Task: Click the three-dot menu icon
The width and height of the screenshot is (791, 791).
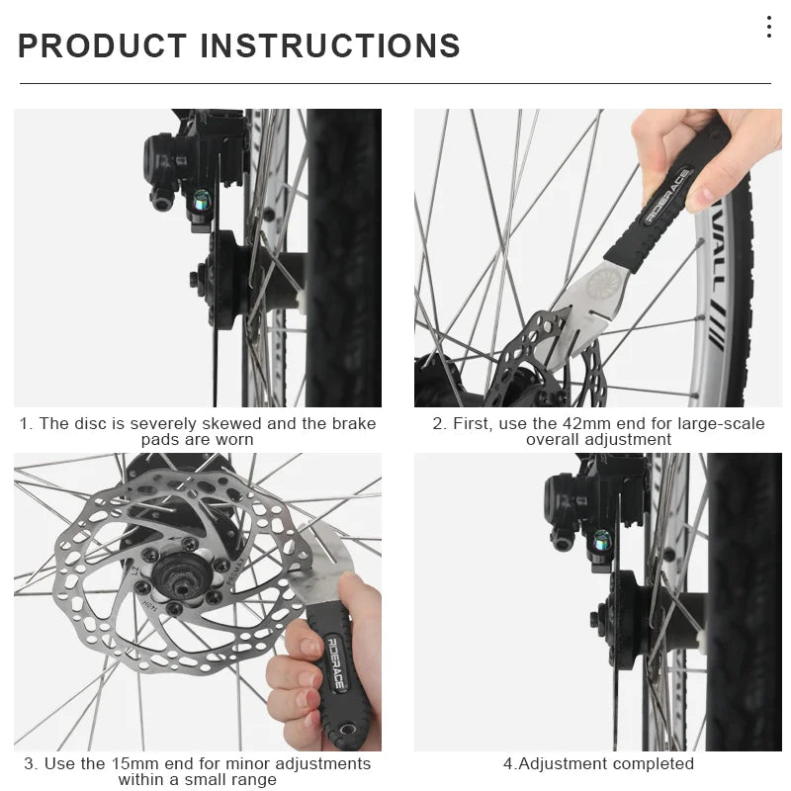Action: pyautogui.click(x=768, y=28)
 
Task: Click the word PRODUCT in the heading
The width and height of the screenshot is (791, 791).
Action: pyautogui.click(x=103, y=46)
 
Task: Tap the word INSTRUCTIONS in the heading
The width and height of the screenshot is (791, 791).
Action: pyautogui.click(x=330, y=46)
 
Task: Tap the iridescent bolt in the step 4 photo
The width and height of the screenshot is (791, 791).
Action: pyautogui.click(x=601, y=540)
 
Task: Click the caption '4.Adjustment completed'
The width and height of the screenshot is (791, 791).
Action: pyautogui.click(x=598, y=763)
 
